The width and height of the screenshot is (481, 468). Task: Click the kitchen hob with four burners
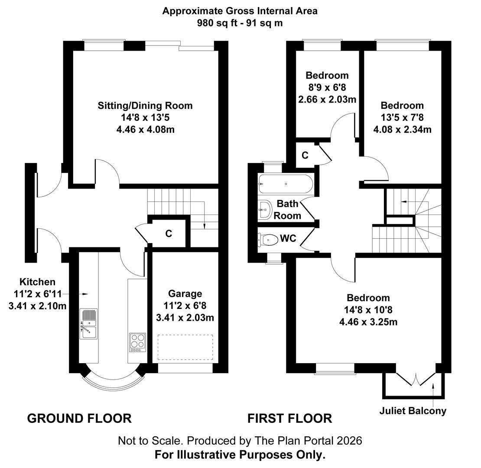tap(137, 343)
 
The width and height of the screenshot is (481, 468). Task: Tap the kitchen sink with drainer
tap(89, 324)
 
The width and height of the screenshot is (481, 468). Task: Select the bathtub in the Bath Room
tap(286, 184)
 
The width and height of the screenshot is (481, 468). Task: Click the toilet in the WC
tap(268, 239)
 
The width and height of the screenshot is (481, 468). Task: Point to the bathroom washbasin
tap(265, 210)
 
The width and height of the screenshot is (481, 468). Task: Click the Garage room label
tap(185, 293)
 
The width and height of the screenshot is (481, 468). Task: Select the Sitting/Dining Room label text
tap(145, 105)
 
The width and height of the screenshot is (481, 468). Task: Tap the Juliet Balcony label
tap(413, 411)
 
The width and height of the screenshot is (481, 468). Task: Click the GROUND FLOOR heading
tap(79, 419)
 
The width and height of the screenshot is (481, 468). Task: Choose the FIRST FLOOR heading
tap(289, 419)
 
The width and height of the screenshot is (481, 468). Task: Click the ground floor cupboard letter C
tap(169, 234)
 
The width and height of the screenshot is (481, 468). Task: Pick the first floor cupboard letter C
tap(305, 155)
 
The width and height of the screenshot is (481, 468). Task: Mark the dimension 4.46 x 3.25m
tap(368, 322)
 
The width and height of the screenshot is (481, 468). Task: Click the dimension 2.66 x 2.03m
tap(327, 99)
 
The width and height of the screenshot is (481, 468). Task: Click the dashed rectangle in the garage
tap(185, 347)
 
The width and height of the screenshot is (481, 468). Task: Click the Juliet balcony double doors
tap(416, 379)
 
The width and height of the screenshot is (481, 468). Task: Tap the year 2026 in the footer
tap(349, 441)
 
